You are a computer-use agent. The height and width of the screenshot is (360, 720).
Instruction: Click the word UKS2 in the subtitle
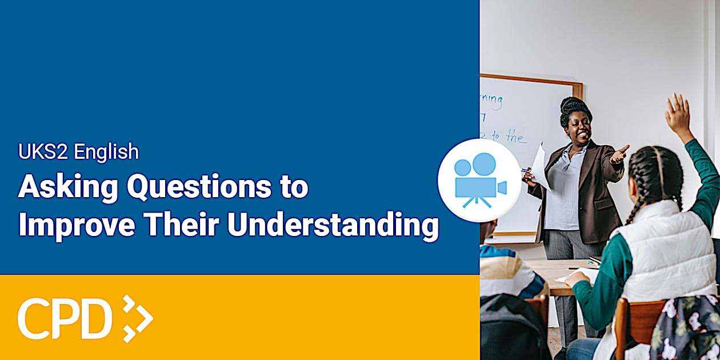[43, 152]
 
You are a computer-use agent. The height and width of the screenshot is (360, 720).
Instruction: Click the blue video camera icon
[479, 180]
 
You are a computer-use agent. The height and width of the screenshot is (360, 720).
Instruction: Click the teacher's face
[577, 129]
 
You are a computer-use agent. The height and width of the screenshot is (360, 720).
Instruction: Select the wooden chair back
[631, 320]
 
